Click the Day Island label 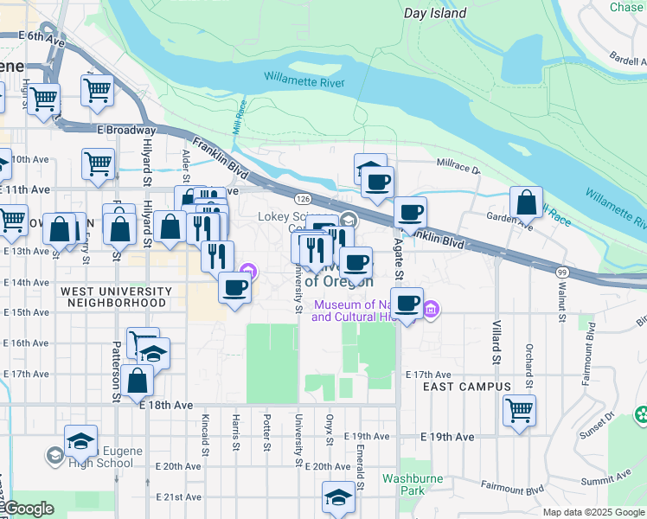click(x=435, y=13)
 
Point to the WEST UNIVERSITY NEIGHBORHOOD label click(x=112, y=298)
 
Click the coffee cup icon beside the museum click(x=408, y=303)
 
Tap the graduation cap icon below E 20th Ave click(x=338, y=497)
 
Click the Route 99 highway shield click(x=561, y=272)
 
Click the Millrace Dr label click(x=458, y=163)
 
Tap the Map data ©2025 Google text click(x=593, y=512)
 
